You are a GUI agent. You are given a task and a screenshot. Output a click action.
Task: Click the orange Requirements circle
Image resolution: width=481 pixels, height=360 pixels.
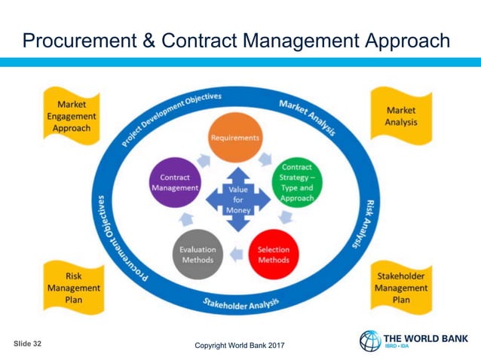point(235,138)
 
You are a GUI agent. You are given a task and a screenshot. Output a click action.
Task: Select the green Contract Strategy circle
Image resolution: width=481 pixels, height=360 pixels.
point(296,181)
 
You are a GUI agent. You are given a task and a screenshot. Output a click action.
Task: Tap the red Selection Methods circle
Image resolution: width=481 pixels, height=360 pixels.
point(273,255)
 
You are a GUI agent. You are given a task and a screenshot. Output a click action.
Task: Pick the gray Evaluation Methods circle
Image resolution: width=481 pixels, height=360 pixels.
point(198,255)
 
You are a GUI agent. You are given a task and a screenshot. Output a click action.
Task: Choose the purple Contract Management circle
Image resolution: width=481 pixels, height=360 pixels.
point(175,182)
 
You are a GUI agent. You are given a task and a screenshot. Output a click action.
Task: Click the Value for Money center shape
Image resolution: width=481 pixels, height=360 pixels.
point(238,200)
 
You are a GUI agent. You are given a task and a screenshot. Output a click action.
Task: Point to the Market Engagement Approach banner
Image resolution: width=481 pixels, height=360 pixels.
point(72,117)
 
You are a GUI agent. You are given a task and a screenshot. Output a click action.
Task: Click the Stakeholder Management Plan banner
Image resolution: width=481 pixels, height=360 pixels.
point(401,287)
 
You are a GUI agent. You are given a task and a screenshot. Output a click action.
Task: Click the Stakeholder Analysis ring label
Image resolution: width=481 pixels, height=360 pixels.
point(241,304)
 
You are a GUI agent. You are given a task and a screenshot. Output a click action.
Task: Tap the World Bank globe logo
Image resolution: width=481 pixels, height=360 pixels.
point(370,341)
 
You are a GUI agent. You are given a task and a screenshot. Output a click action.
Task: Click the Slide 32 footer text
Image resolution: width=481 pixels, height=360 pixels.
point(28,343)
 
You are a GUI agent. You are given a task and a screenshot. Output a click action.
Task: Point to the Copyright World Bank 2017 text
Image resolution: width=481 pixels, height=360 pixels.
point(240,346)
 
